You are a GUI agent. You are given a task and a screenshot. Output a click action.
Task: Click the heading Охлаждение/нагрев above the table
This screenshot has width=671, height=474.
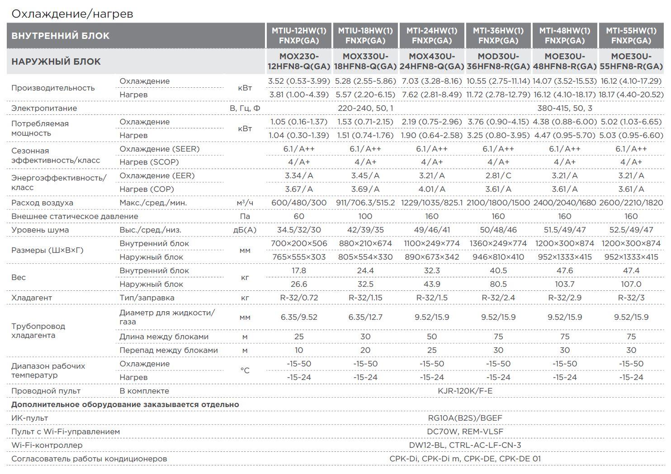[x=72, y=14]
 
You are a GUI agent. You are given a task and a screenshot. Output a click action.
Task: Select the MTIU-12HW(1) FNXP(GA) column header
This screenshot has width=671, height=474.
[x=299, y=35]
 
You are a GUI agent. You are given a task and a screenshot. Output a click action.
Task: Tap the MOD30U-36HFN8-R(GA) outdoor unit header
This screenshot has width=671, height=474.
[x=498, y=62]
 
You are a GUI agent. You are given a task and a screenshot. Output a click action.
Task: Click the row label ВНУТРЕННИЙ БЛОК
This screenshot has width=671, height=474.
[x=60, y=36]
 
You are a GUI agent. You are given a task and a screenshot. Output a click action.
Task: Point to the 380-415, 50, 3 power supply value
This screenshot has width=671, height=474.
[x=565, y=108]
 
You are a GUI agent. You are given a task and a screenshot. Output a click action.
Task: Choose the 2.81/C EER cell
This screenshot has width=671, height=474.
[x=498, y=175]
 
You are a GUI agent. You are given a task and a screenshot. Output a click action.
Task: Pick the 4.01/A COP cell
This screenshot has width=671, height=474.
[x=432, y=190]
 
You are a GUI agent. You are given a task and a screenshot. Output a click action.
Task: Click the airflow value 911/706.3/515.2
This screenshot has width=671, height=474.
[x=365, y=203]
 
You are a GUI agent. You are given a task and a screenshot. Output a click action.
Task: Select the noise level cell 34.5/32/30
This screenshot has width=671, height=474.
[x=299, y=230]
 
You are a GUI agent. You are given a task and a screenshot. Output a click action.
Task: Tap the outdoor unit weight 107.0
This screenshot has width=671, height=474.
[x=631, y=284]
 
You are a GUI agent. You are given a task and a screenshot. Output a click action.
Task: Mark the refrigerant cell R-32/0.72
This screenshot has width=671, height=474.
[x=299, y=298]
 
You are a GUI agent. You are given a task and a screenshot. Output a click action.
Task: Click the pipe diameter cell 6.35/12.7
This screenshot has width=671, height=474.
[x=365, y=317]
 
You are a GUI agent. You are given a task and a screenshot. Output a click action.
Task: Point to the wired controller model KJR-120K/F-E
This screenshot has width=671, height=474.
[x=465, y=391]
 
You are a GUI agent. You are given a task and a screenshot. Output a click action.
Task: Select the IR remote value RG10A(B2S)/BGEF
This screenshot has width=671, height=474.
[x=465, y=418]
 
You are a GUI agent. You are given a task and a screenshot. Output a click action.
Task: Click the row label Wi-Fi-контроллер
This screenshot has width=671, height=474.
[x=47, y=445]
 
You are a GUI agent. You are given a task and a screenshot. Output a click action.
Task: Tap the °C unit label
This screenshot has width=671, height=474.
[x=245, y=370]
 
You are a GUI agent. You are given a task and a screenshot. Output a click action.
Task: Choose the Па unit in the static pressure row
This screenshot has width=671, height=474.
[x=245, y=216]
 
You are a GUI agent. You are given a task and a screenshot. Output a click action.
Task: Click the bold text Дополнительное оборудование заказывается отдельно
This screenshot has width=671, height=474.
[x=125, y=404]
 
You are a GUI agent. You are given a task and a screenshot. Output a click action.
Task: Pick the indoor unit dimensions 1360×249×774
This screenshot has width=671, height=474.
[x=498, y=244]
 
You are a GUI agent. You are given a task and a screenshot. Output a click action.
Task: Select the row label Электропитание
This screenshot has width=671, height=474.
[x=44, y=108]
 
